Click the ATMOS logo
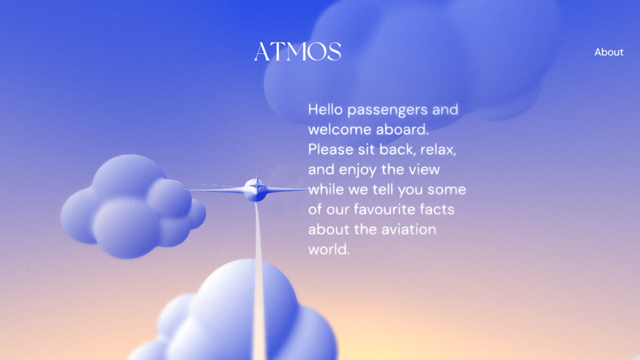coord(297,52)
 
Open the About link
coord(609,52)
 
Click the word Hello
coord(325,109)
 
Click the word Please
coord(331,149)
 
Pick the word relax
coord(438,150)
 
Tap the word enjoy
coord(358,170)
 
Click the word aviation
coord(409,229)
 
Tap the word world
coord(329,249)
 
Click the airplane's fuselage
coord(255,190)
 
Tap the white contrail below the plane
coord(258,280)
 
